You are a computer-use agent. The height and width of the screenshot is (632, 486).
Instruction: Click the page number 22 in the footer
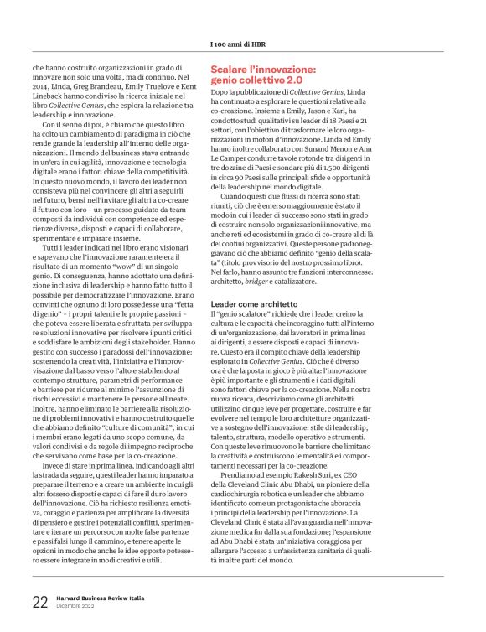pos(39,601)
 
